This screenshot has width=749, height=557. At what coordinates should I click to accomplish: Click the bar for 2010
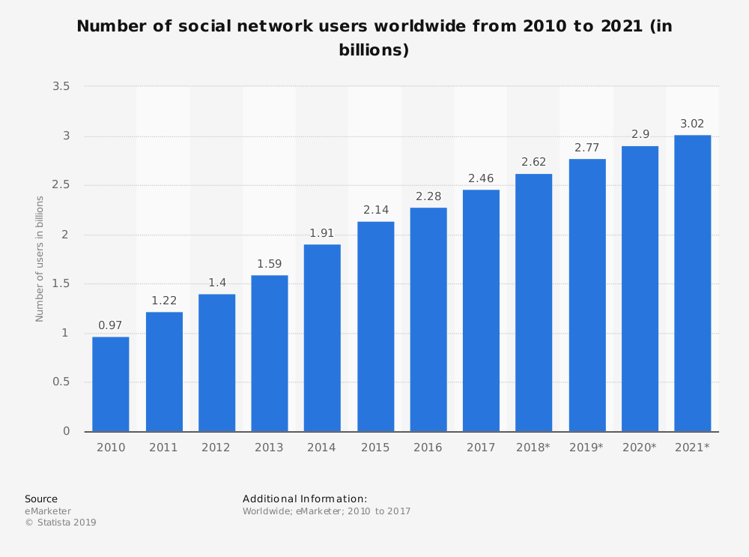[111, 384]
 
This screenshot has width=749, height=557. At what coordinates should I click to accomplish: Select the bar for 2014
[322, 337]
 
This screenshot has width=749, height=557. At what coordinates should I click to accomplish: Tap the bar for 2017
[481, 310]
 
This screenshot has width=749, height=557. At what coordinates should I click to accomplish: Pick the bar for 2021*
[692, 283]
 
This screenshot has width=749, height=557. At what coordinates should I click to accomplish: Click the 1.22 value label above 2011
[164, 301]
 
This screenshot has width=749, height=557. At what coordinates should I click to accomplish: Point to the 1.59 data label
[270, 264]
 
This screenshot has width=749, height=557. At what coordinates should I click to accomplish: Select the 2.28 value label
[428, 196]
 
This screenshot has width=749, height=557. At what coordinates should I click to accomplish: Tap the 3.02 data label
[692, 124]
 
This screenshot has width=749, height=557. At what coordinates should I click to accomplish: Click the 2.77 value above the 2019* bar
[587, 148]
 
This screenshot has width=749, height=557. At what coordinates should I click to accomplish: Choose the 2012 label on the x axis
[216, 448]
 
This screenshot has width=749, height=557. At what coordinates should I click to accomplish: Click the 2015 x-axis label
[375, 448]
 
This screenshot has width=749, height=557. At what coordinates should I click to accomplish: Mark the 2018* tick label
[533, 448]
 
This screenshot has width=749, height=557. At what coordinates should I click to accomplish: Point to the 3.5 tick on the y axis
[61, 87]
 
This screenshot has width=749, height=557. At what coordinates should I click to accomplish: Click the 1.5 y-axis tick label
[61, 284]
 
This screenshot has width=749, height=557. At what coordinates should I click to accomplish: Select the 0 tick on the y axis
[67, 432]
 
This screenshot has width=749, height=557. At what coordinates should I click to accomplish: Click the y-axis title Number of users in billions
[40, 259]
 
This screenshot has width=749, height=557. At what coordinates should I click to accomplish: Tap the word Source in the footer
[41, 499]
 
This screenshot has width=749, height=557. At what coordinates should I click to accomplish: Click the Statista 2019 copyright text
[61, 523]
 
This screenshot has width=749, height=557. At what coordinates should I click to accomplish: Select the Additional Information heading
[305, 499]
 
